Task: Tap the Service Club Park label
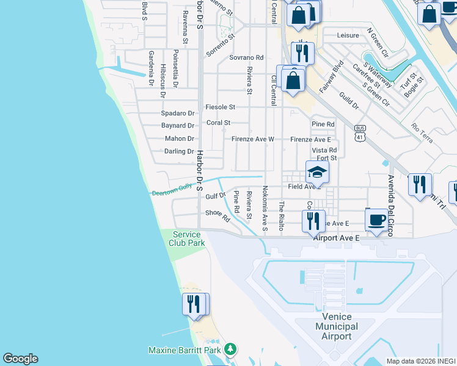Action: pyautogui.click(x=187, y=239)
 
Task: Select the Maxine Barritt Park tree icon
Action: pyautogui.click(x=230, y=350)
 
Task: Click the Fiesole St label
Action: pyautogui.click(x=221, y=107)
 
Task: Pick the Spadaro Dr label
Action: pyautogui.click(x=177, y=113)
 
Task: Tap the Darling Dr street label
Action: pyautogui.click(x=179, y=151)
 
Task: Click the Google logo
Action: pyautogui.click(x=20, y=359)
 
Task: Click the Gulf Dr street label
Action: pyautogui.click(x=216, y=196)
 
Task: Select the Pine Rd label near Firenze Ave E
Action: pyautogui.click(x=323, y=124)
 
